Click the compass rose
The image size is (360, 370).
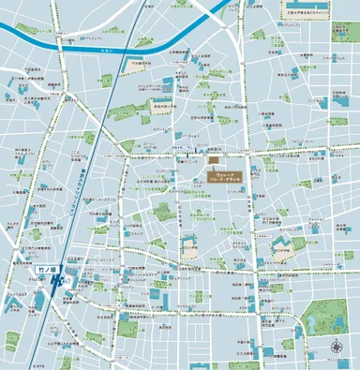(x=337, y=349)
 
